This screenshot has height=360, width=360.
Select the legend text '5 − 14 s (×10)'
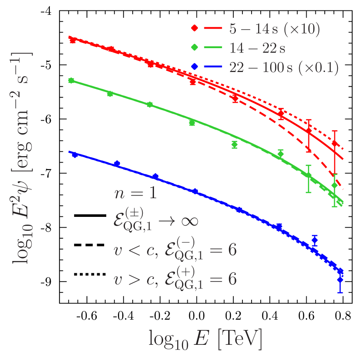[x=275, y=29]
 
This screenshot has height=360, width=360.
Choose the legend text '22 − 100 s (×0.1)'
[x=284, y=66]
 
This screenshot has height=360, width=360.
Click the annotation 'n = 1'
[x=135, y=193]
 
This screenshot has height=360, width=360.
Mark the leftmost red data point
[x=72, y=40]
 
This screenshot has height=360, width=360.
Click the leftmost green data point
[x=71, y=80]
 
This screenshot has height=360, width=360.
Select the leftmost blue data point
[x=75, y=155]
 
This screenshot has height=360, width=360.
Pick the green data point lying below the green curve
[x=235, y=144]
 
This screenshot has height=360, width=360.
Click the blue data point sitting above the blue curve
[x=315, y=240]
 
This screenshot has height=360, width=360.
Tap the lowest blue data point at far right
[x=340, y=280]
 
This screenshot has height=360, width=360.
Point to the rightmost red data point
[x=334, y=144]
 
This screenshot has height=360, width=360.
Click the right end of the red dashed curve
[x=343, y=189]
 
